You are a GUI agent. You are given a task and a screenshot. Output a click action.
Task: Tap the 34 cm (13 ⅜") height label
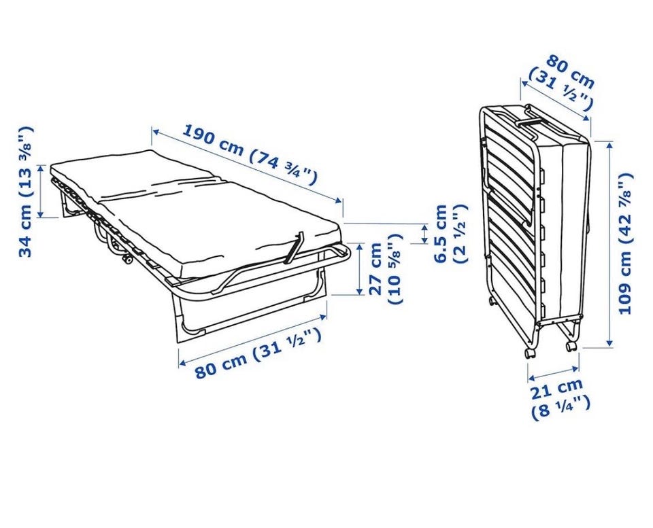tap(25, 192)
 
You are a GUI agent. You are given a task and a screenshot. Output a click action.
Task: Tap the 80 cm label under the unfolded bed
tap(258, 353)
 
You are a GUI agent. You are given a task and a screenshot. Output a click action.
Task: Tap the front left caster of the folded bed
tap(530, 353)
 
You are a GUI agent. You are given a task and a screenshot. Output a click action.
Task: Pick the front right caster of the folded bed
tap(570, 346)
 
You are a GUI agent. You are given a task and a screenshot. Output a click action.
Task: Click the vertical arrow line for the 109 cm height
tap(609, 244)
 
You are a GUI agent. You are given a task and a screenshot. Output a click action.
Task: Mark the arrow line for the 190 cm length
tap(246, 166)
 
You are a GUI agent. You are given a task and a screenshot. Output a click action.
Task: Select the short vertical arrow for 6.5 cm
tap(424, 234)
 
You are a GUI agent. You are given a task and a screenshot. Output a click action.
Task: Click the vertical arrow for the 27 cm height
tap(359, 269)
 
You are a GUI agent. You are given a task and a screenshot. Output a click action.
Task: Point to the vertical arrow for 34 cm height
tap(40, 191)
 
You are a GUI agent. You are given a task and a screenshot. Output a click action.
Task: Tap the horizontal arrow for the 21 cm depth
tap(554, 373)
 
